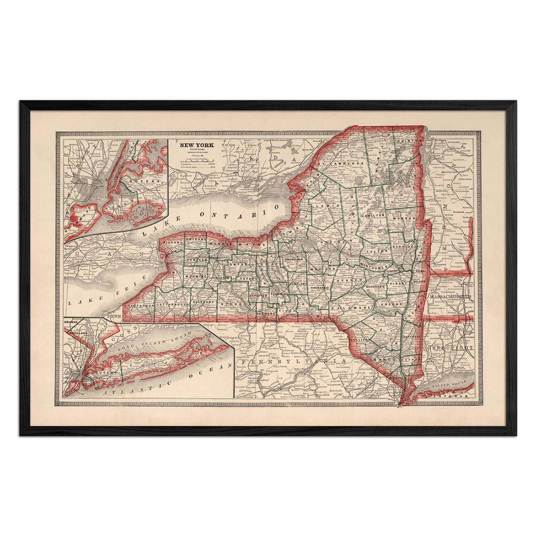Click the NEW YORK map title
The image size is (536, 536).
click(197, 146)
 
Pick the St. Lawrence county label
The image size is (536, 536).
click(342, 164)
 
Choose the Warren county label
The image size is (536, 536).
click(405, 219)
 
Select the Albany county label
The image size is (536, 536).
click(397, 284)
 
